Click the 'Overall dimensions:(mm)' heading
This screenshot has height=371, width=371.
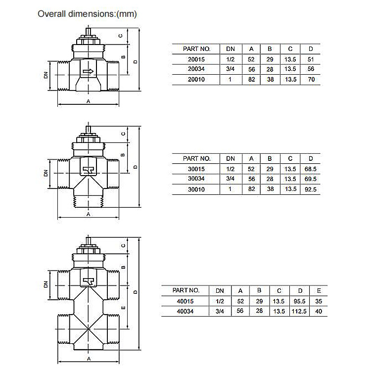click(87, 14)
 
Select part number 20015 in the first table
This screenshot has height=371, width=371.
click(196, 59)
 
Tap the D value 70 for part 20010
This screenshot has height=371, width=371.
click(311, 80)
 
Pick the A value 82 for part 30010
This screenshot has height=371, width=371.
click(251, 189)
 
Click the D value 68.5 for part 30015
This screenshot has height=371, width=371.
click(311, 169)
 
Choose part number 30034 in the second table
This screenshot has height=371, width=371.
click(196, 179)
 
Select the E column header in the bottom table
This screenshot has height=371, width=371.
click(319, 290)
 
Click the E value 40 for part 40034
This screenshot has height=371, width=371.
click(319, 311)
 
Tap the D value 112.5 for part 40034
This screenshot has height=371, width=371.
click(299, 311)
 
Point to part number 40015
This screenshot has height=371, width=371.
click(185, 301)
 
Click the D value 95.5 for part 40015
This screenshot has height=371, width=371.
click(300, 301)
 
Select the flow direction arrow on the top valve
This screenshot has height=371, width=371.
click(88, 71)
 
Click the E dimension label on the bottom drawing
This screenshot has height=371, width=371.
click(123, 308)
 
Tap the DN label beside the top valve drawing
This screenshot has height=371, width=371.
click(46, 75)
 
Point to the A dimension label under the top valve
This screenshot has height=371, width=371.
click(88, 101)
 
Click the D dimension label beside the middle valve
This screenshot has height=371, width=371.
click(136, 167)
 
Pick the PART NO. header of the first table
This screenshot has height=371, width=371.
click(196, 49)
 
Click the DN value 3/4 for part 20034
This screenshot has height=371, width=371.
click(230, 69)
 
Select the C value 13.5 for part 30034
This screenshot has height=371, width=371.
click(290, 179)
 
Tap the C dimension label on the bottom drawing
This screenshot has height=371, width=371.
click(123, 245)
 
